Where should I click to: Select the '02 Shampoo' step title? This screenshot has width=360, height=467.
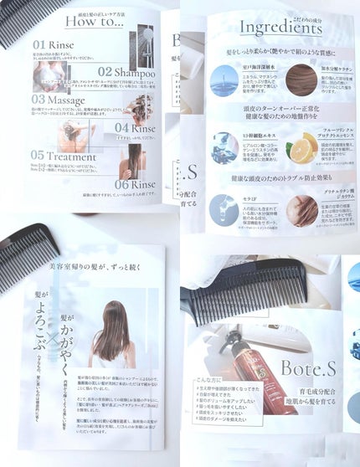pyautogui.click(x=126, y=72)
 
